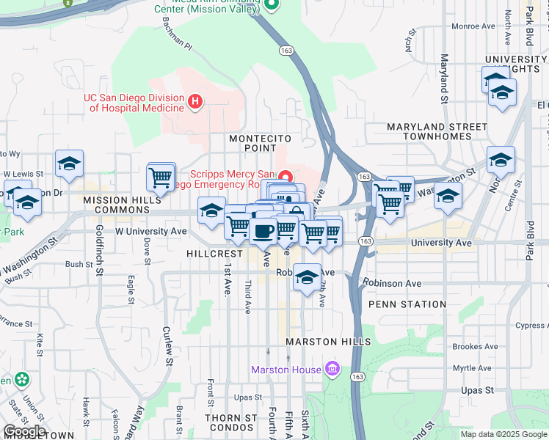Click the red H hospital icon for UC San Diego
[x=194, y=101]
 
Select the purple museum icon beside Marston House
[x=332, y=369]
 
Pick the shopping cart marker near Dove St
[x=161, y=177]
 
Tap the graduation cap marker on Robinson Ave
[x=308, y=277]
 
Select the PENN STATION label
[x=407, y=304]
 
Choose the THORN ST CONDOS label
[x=231, y=423]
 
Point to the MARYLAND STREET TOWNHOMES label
[x=439, y=132]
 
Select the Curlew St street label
[x=168, y=346]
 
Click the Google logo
[x=24, y=431]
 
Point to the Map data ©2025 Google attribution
[x=503, y=434]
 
